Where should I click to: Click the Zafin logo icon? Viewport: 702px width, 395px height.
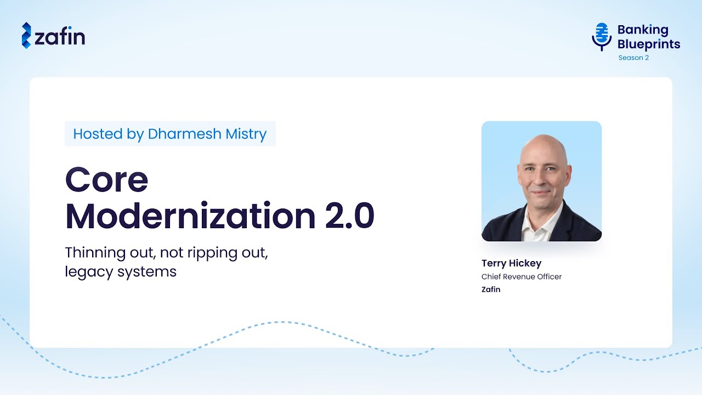click(x=26, y=36)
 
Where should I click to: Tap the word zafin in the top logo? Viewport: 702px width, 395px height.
click(x=60, y=37)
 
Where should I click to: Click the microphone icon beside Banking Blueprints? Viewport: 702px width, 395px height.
click(x=602, y=36)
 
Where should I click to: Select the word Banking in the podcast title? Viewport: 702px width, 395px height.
click(x=643, y=30)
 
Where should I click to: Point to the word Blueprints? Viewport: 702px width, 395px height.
click(x=649, y=44)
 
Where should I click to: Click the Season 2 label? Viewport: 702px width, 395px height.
click(x=633, y=58)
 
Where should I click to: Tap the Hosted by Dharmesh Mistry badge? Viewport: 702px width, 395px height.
click(x=170, y=134)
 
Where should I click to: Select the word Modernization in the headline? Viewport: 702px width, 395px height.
click(x=190, y=216)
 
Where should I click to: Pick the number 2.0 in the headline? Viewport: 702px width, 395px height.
click(x=349, y=216)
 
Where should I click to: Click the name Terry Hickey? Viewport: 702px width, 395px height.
click(x=511, y=263)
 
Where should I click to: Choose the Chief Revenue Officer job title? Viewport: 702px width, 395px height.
click(x=522, y=276)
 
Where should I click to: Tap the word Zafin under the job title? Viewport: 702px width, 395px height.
click(x=491, y=289)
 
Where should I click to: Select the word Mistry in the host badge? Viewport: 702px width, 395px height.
click(x=245, y=134)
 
